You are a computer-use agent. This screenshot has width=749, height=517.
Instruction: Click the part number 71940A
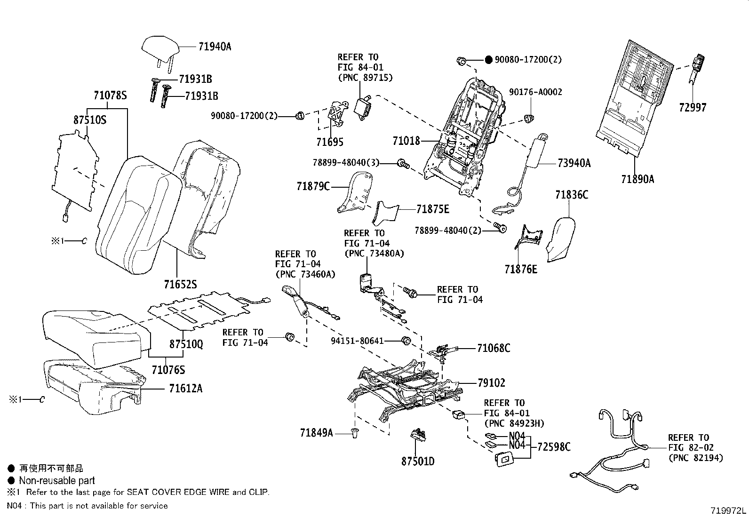click(215, 47)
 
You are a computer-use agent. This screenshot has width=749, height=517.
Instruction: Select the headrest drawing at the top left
click(161, 48)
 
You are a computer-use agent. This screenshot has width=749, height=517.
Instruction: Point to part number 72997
click(693, 107)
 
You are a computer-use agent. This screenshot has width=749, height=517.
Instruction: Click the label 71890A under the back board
click(637, 179)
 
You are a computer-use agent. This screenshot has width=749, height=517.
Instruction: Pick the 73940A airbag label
click(574, 163)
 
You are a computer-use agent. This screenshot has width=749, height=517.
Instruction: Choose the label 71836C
click(571, 194)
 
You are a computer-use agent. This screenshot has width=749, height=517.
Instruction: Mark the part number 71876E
click(521, 269)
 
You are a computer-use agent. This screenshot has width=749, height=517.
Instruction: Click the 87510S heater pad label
click(90, 120)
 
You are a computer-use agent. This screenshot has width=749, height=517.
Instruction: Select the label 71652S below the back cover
click(180, 285)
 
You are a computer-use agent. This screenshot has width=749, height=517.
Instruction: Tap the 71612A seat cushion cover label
click(186, 389)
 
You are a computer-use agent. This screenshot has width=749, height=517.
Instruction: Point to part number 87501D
click(418, 461)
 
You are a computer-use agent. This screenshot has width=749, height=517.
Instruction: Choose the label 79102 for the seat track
click(491, 383)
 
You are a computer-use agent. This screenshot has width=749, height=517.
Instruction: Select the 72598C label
click(554, 446)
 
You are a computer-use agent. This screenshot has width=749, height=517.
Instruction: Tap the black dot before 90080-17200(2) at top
click(488, 60)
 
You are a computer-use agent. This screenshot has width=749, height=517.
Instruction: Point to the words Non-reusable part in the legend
click(56, 480)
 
